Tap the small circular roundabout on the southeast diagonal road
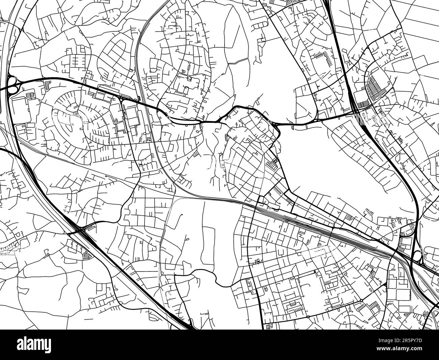click(x=361, y=301)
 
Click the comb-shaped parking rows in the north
click(x=323, y=57)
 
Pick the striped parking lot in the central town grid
click(x=272, y=165)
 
